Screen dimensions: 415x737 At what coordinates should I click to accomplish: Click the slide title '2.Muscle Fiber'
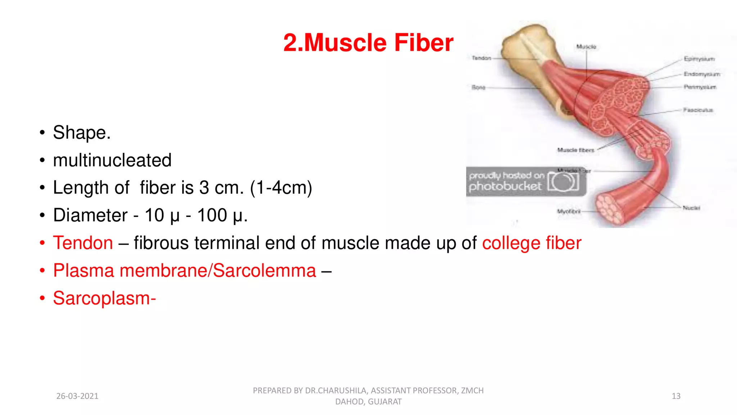pyautogui.click(x=368, y=43)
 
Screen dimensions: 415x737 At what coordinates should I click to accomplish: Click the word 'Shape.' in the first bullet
pyautogui.click(x=82, y=133)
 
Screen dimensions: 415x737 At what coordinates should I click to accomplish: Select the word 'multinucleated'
pyautogui.click(x=112, y=160)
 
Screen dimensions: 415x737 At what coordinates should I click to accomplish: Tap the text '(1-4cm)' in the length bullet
pyautogui.click(x=281, y=188)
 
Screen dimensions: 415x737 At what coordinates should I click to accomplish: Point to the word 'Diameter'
pyautogui.click(x=90, y=215)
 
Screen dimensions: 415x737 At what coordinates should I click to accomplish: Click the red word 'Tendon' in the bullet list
pyautogui.click(x=83, y=243)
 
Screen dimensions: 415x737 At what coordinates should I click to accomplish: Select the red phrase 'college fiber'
pyautogui.click(x=532, y=243)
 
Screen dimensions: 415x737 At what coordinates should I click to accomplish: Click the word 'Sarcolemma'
pyautogui.click(x=264, y=271)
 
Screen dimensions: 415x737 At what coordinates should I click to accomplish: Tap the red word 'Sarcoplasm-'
pyautogui.click(x=104, y=298)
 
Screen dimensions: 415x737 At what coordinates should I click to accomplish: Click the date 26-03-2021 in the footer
pyautogui.click(x=77, y=396)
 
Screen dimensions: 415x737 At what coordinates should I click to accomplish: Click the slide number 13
pyautogui.click(x=676, y=396)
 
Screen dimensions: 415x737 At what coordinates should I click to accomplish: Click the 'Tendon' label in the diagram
pyautogui.click(x=481, y=58)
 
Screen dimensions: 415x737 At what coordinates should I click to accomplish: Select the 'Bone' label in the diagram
pyautogui.click(x=478, y=87)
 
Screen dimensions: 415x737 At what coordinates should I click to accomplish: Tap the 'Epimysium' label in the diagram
pyautogui.click(x=699, y=59)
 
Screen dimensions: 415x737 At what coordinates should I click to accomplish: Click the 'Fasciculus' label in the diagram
pyautogui.click(x=698, y=110)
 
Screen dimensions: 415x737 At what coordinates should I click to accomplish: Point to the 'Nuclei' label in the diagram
pyautogui.click(x=691, y=208)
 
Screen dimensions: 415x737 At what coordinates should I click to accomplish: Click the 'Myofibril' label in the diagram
pyautogui.click(x=569, y=211)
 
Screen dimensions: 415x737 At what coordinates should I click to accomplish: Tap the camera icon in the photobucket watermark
pyautogui.click(x=563, y=182)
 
